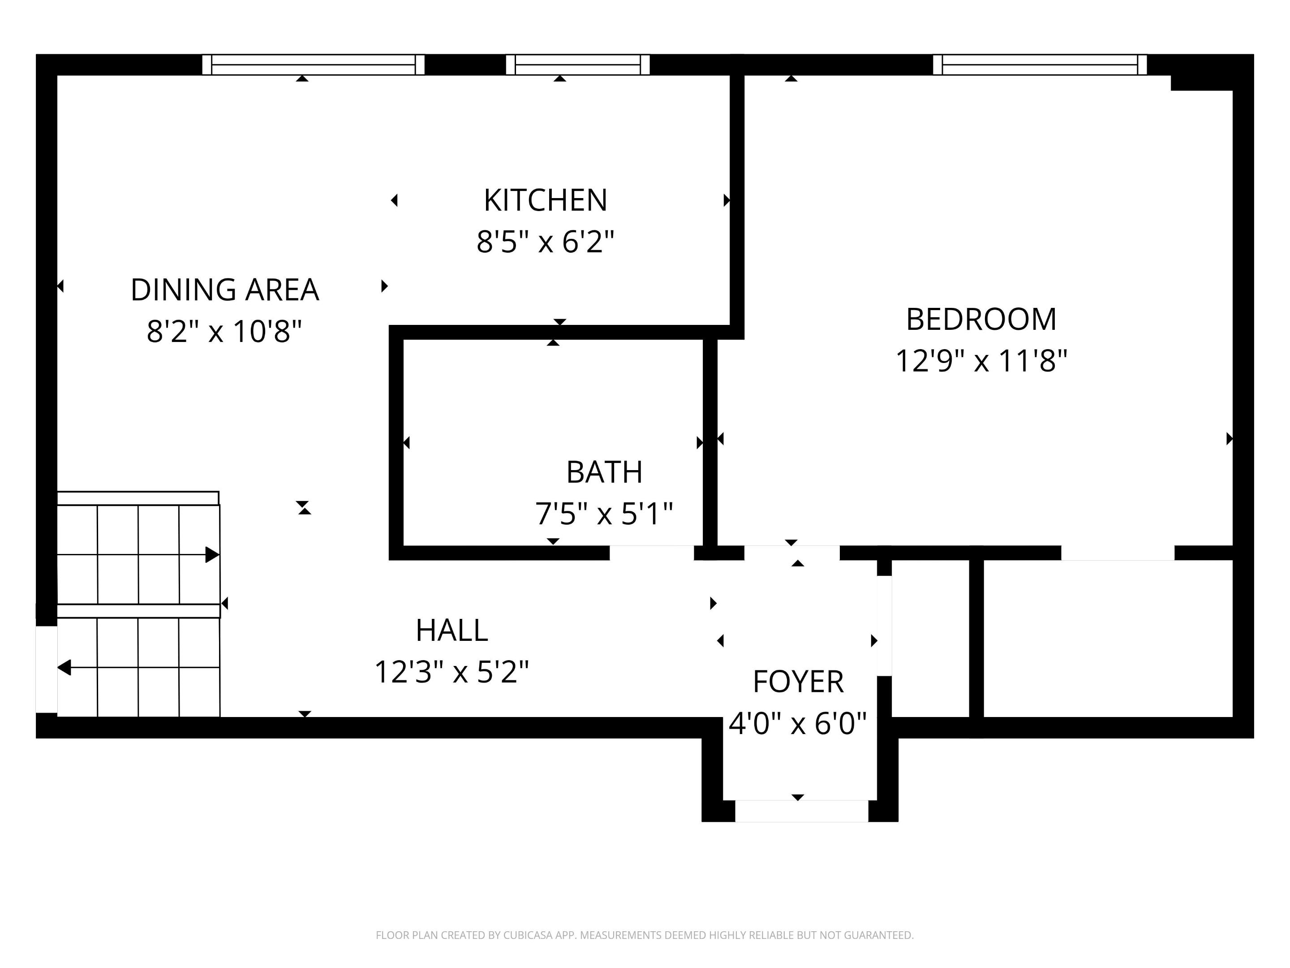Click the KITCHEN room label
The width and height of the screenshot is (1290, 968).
[545, 200]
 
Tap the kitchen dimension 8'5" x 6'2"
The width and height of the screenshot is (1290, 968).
[545, 242]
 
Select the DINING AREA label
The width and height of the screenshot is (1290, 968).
[224, 290]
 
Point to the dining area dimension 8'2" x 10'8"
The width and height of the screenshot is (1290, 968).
[224, 332]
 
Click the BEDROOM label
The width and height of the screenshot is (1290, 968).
[981, 319]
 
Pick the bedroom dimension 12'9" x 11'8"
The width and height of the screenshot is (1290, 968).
[981, 361]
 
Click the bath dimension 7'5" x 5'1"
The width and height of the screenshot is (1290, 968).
[604, 514]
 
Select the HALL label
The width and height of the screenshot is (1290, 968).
[452, 630]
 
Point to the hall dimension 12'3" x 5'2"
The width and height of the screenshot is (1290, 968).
[452, 672]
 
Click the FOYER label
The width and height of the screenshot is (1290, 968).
[798, 682]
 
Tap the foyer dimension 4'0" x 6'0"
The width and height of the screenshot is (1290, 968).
[798, 723]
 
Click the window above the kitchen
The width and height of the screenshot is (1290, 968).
[577, 65]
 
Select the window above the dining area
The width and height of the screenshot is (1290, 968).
[313, 65]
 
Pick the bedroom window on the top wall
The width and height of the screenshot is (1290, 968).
[1040, 65]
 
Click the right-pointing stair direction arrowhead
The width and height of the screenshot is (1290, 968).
[213, 555]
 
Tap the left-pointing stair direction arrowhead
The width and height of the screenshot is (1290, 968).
[64, 667]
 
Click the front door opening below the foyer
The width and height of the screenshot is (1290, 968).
[801, 811]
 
